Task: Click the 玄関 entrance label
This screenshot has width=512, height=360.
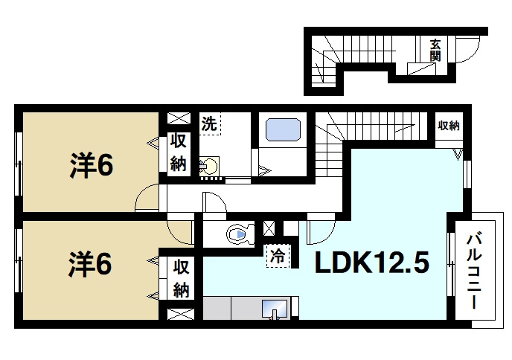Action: (x=435, y=51)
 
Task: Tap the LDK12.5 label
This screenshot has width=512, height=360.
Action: (x=371, y=263)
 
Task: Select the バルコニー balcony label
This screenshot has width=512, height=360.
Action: (x=474, y=271)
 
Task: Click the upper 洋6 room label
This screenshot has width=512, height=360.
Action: (x=92, y=165)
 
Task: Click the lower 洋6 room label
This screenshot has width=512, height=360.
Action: (x=91, y=265)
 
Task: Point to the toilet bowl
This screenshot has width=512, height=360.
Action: (x=240, y=234)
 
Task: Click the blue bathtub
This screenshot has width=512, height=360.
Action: (x=283, y=129)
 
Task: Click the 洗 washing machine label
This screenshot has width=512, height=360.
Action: (x=209, y=123)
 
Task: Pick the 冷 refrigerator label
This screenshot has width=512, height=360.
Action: (x=278, y=257)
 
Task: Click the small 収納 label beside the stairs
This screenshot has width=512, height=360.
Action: (x=449, y=126)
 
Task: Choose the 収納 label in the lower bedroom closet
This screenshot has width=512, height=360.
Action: (x=181, y=278)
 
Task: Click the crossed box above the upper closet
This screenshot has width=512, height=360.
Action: (x=179, y=118)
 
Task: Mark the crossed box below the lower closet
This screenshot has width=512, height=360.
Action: (x=181, y=314)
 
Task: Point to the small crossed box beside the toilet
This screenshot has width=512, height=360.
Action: (x=269, y=228)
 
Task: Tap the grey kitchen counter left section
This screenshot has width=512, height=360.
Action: (x=217, y=308)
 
